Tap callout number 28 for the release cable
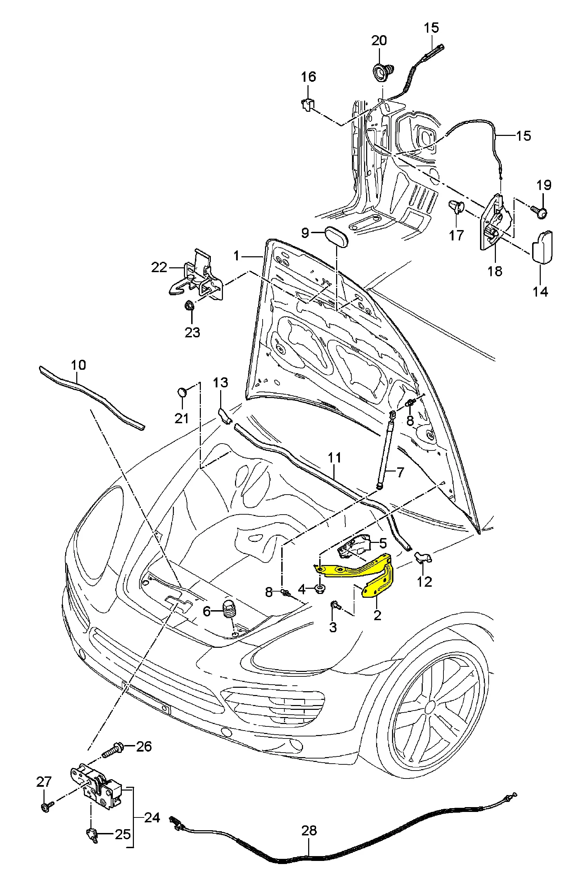[x=309, y=830]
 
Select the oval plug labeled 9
[x=336, y=234]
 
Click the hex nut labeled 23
[x=189, y=305]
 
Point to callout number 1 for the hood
[x=236, y=256]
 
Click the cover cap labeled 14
[x=542, y=247]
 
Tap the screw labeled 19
[x=540, y=212]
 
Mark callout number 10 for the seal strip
[x=78, y=365]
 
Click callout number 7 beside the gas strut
[x=400, y=472]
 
